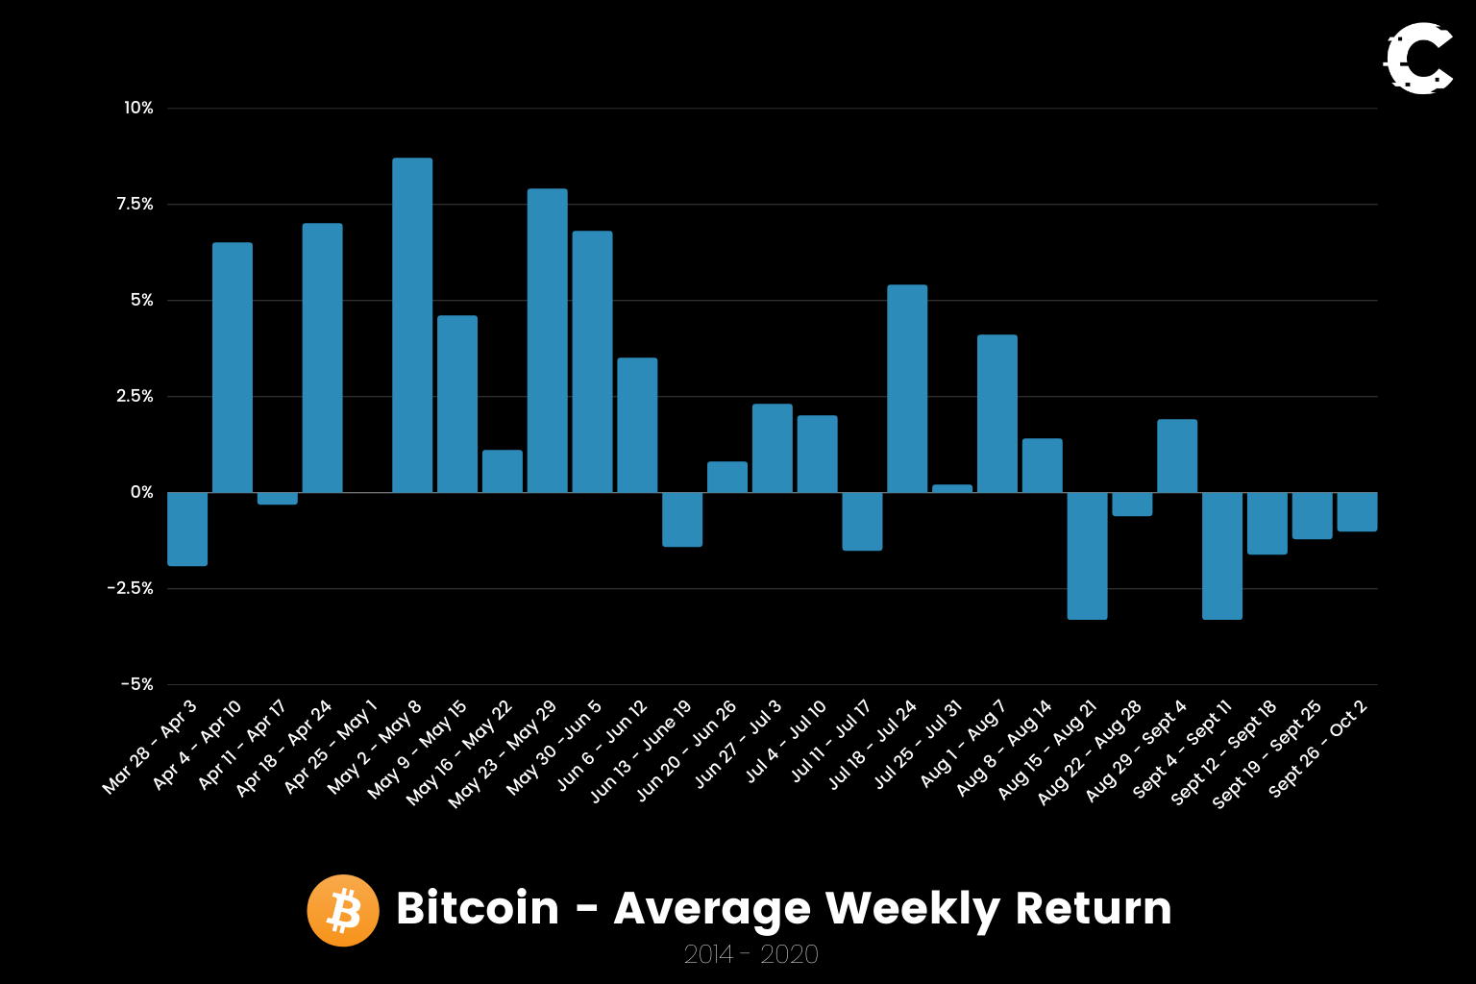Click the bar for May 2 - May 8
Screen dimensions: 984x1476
(x=412, y=325)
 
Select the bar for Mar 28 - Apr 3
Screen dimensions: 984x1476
(x=187, y=529)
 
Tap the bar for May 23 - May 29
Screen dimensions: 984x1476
(x=548, y=340)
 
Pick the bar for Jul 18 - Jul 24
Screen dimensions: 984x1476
(x=907, y=388)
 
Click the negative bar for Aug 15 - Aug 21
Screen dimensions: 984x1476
(x=1087, y=555)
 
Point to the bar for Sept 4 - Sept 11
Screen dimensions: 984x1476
(x=1222, y=555)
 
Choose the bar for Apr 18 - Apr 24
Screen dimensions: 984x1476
(x=323, y=357)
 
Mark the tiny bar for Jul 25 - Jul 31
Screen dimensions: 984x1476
(x=952, y=488)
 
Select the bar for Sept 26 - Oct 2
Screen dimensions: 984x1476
(x=1357, y=511)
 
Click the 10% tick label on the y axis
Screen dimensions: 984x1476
(x=138, y=108)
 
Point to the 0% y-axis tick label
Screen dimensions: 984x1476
(x=141, y=492)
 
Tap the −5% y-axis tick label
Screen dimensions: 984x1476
(x=136, y=684)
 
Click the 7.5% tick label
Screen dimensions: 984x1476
(x=135, y=204)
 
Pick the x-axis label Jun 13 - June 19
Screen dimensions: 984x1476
(x=641, y=751)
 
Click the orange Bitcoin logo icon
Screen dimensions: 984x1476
(x=343, y=910)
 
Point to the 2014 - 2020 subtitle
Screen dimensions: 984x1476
(x=750, y=954)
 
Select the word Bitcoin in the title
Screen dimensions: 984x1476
(x=478, y=908)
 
